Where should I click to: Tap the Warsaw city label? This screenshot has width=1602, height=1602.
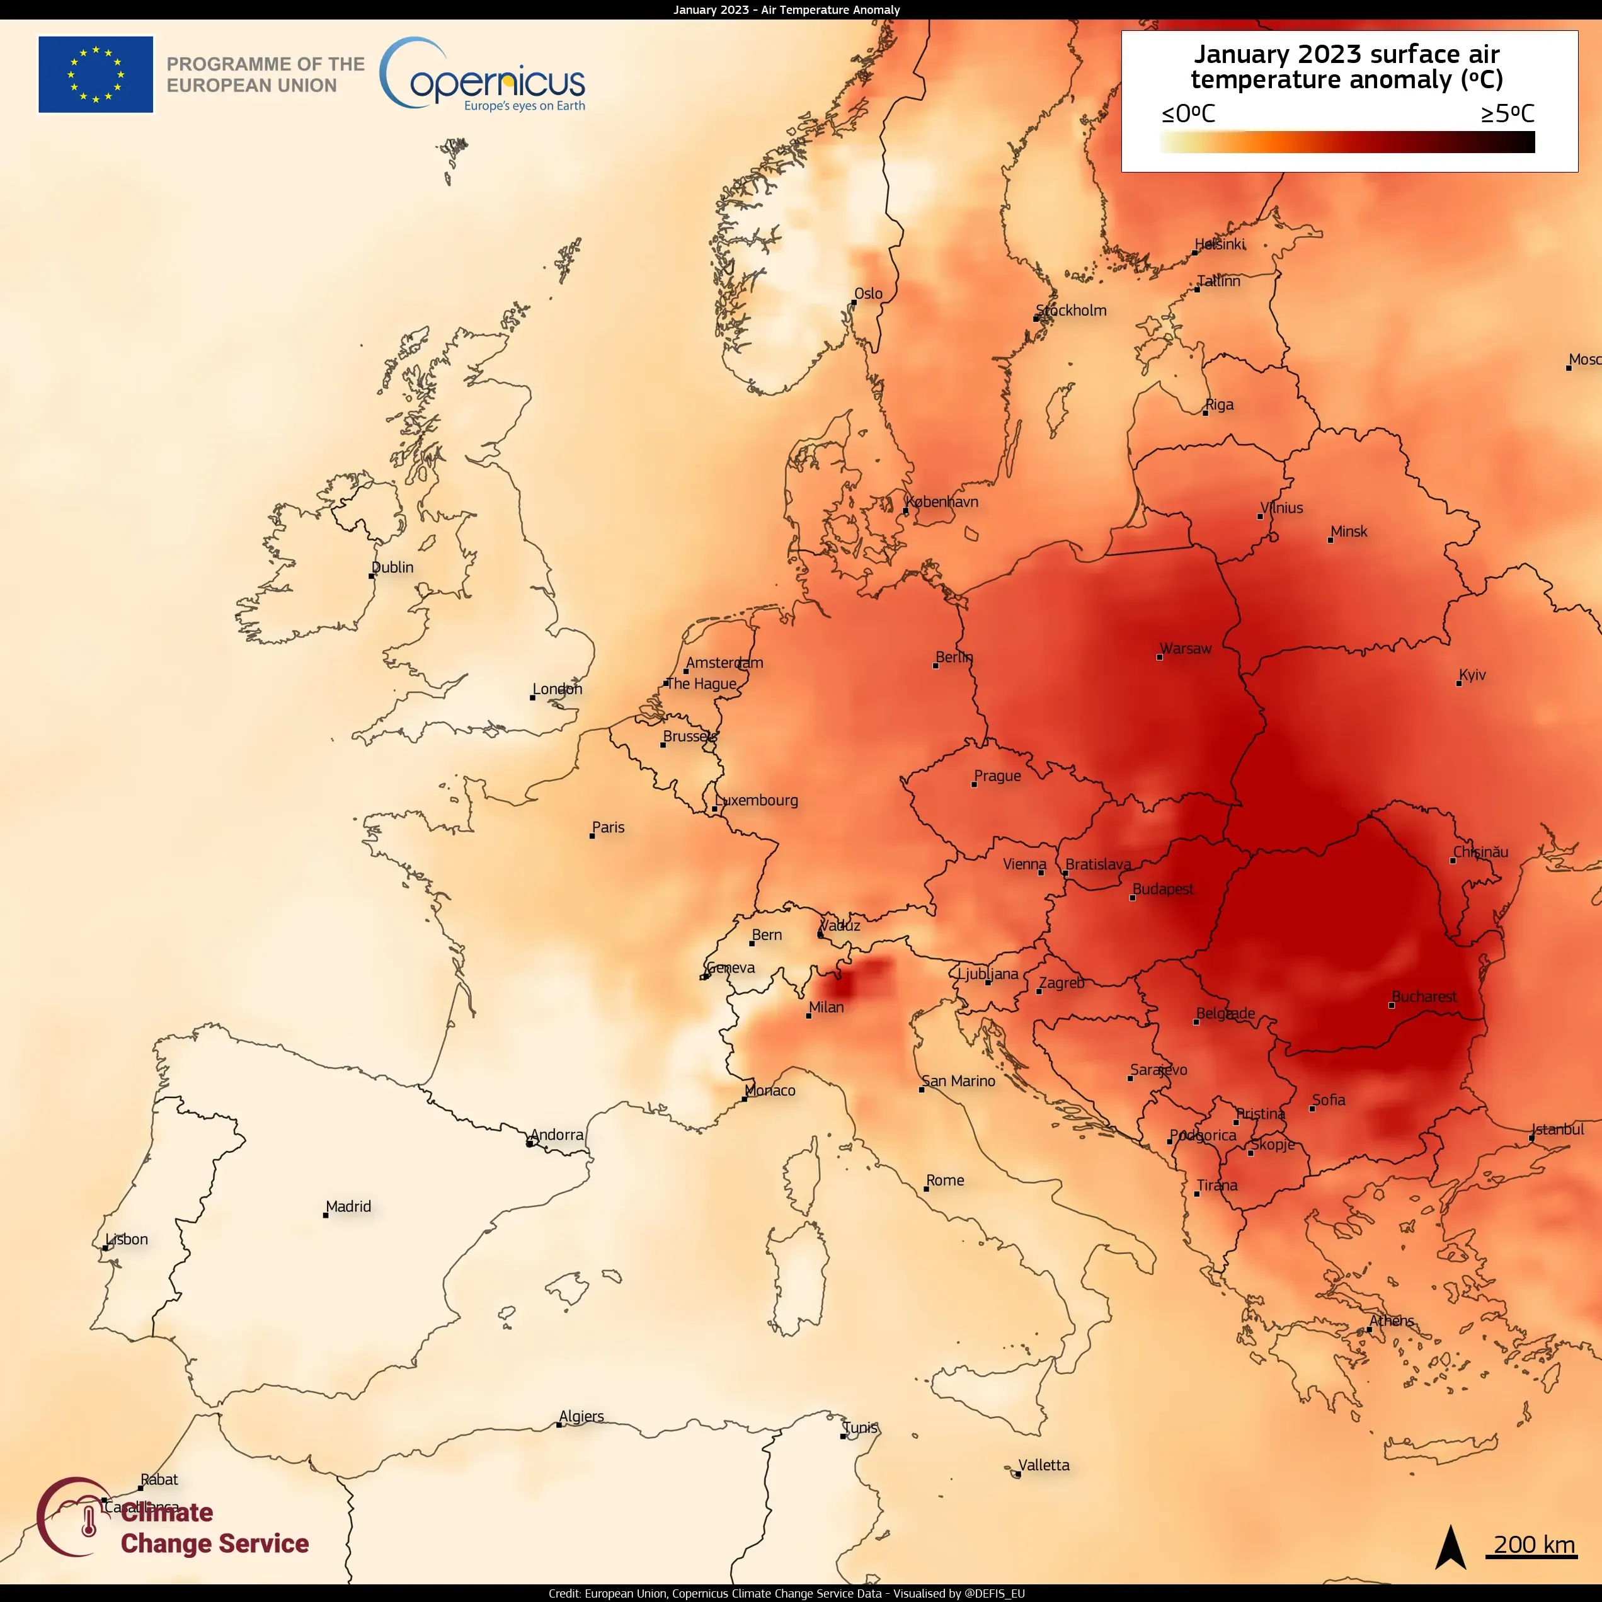[x=1186, y=648]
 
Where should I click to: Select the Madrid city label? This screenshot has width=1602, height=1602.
[x=348, y=1206]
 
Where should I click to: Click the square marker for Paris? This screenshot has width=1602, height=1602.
[x=592, y=836]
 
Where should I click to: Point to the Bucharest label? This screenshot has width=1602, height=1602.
[x=1424, y=997]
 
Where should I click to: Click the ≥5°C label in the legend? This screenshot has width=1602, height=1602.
[x=1508, y=113]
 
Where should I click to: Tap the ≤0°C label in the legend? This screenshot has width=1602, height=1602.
[x=1188, y=113]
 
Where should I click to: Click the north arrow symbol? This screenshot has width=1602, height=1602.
[x=1450, y=1547]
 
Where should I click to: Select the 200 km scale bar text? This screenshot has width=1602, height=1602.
[x=1534, y=1545]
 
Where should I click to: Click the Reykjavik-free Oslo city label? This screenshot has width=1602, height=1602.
[x=868, y=294]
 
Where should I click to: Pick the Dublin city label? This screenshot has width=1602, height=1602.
[x=392, y=567]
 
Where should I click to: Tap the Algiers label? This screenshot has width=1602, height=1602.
[x=581, y=1416]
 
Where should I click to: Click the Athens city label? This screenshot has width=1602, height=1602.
[x=1392, y=1321]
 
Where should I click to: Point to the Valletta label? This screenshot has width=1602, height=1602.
[x=1044, y=1465]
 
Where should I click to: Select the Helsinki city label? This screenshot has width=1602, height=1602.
[x=1220, y=244]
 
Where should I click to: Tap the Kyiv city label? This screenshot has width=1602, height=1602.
[x=1473, y=675]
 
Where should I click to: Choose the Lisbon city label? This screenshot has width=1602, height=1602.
[x=127, y=1240]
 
